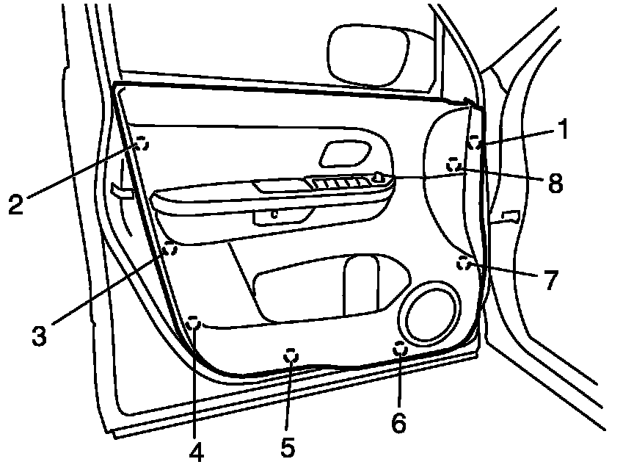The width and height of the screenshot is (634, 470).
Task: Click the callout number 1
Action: click(x=564, y=131)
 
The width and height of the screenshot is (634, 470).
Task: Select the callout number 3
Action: click(x=40, y=336)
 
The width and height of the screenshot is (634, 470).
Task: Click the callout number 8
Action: click(x=555, y=182)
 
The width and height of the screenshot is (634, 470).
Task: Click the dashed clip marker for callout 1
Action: click(x=475, y=142)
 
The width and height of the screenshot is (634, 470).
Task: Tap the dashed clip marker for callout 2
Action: click(x=142, y=144)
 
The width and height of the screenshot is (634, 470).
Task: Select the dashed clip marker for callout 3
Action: click(x=170, y=248)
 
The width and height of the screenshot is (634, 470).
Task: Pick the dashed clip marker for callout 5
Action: click(x=291, y=355)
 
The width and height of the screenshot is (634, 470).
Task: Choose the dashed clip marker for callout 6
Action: click(x=401, y=349)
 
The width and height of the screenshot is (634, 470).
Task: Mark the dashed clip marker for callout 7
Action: click(x=463, y=262)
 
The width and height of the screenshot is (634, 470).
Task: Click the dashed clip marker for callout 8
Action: click(x=455, y=165)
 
